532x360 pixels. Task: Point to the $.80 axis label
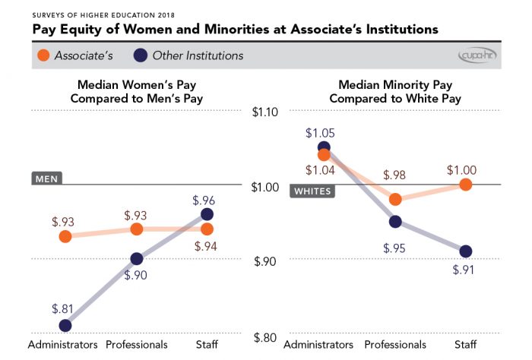pyautogui.click(x=266, y=336)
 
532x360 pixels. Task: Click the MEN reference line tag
pyautogui.click(x=46, y=179)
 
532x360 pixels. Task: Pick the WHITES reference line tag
pyautogui.click(x=313, y=191)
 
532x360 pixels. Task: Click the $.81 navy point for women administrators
pyautogui.click(x=65, y=325)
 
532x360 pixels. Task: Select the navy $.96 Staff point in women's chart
pyautogui.click(x=207, y=215)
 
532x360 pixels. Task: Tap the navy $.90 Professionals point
pyautogui.click(x=136, y=258)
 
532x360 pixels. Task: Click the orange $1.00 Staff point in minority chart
pyautogui.click(x=466, y=185)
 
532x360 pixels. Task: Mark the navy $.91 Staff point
pyautogui.click(x=466, y=251)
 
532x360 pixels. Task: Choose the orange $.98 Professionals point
pyautogui.click(x=394, y=199)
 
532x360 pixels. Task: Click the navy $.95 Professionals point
pyautogui.click(x=394, y=222)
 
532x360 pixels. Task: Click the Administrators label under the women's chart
pyautogui.click(x=63, y=344)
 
